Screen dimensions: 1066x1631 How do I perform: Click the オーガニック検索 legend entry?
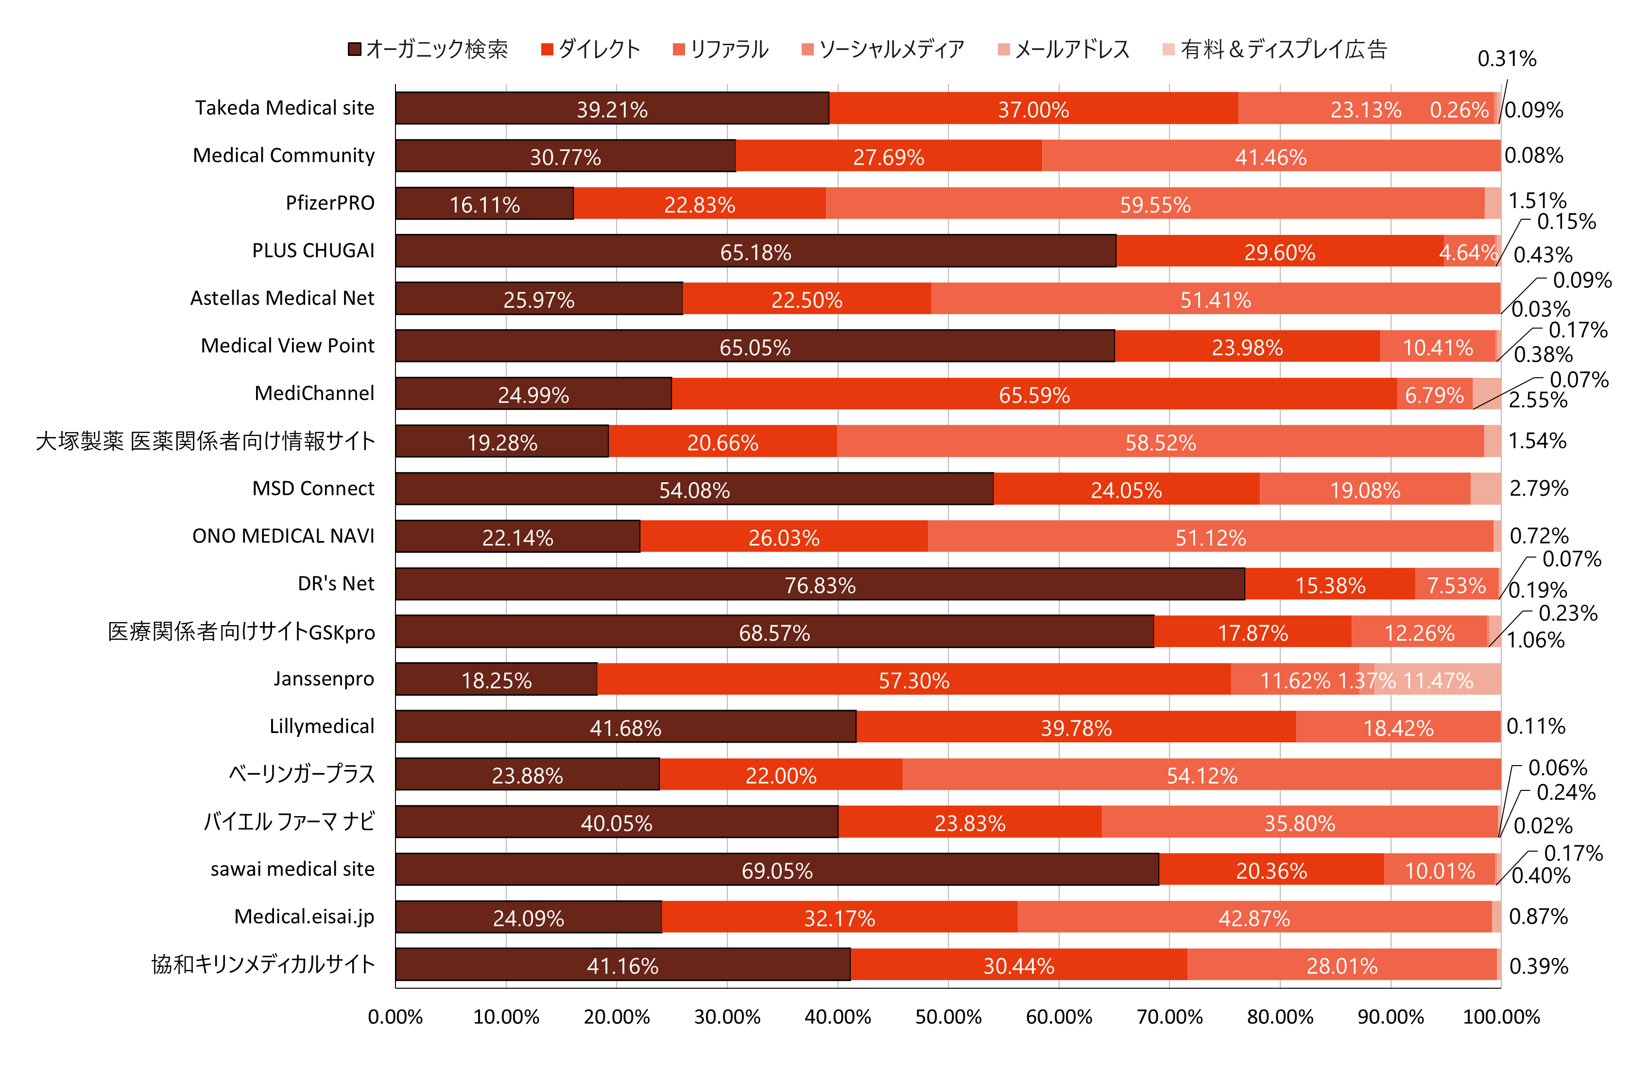(429, 50)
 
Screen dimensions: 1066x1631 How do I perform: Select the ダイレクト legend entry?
(591, 50)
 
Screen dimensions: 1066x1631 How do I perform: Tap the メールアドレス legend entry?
(1064, 50)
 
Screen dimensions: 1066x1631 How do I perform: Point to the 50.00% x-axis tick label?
(948, 1016)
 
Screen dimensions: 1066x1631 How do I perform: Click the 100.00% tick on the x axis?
(1501, 1016)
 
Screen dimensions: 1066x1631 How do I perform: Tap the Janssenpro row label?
(324, 679)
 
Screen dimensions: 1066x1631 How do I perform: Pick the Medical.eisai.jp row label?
(304, 917)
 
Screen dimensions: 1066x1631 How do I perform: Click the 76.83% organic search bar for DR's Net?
(820, 584)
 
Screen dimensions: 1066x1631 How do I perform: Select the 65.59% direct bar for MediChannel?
(1034, 394)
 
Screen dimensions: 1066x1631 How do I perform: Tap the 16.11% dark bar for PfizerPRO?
(484, 204)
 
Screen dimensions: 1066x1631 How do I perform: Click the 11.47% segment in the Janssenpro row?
(1438, 680)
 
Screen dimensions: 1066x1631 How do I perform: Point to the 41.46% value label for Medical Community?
(1270, 157)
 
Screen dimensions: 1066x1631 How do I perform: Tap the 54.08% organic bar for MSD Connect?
(694, 489)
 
